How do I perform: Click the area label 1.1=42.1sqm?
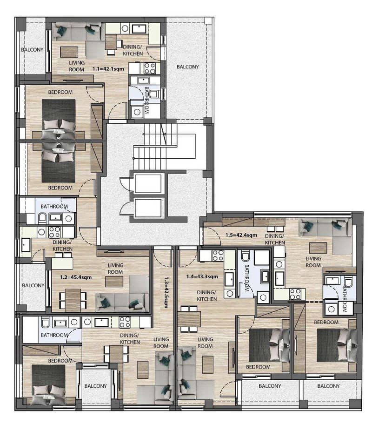click(108, 69)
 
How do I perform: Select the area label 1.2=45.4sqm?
click(76, 277)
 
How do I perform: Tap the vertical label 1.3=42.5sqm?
click(166, 292)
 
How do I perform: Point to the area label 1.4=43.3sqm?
click(202, 276)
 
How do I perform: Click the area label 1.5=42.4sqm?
click(241, 235)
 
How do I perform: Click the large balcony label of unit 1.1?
click(188, 67)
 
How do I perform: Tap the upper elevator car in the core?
click(148, 183)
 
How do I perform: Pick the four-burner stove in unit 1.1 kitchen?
click(150, 68)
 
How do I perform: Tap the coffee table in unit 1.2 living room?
click(114, 282)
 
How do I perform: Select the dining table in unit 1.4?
click(189, 319)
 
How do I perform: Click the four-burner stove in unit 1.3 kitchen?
click(125, 323)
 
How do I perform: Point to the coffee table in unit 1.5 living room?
click(318, 248)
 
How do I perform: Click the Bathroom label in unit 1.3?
click(54, 335)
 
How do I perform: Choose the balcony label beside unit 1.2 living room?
click(33, 285)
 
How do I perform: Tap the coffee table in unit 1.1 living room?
click(69, 52)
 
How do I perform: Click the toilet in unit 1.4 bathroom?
click(246, 256)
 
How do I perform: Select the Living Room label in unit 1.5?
click(313, 262)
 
